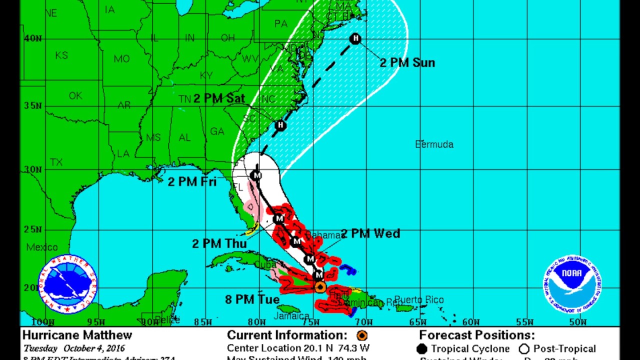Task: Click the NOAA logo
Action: (x=572, y=284)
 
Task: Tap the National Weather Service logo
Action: (x=68, y=284)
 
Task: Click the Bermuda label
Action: (x=434, y=144)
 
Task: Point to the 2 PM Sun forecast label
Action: (x=407, y=63)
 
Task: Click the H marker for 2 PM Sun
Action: (x=355, y=38)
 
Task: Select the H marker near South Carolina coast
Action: (x=280, y=125)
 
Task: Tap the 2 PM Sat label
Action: (x=219, y=98)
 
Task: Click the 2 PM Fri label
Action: (x=192, y=181)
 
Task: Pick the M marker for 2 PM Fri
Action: (x=256, y=175)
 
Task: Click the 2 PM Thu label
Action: (x=219, y=243)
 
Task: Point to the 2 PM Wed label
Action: (x=370, y=233)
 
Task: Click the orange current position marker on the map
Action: (x=320, y=287)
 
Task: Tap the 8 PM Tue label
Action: (x=252, y=299)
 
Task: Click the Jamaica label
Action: (x=291, y=316)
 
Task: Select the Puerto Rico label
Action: (x=418, y=300)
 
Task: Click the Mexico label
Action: (x=42, y=247)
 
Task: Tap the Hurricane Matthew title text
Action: (x=77, y=335)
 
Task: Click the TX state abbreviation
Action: (x=56, y=162)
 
